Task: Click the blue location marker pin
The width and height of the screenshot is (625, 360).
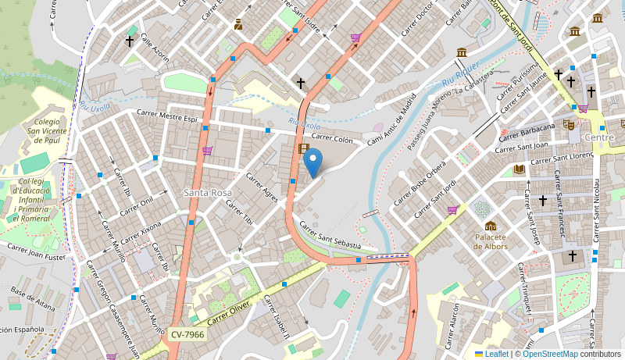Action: tap(312, 162)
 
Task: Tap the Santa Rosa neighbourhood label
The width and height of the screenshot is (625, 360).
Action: tap(208, 192)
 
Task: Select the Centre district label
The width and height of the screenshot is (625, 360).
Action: tap(599, 137)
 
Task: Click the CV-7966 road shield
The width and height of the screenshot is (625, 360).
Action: tap(187, 334)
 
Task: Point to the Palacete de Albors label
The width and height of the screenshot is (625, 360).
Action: tap(491, 241)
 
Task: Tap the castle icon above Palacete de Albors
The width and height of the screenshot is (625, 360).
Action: tap(491, 226)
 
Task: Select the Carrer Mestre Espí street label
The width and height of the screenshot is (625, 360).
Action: tap(167, 116)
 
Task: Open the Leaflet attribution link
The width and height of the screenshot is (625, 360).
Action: tap(496, 354)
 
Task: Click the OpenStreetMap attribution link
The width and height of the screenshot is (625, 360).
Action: tap(550, 354)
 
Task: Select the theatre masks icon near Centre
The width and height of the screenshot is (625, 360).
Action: tap(569, 124)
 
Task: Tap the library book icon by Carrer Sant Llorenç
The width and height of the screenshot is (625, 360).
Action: tap(520, 169)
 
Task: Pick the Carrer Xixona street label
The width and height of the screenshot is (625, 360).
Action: tap(139, 233)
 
